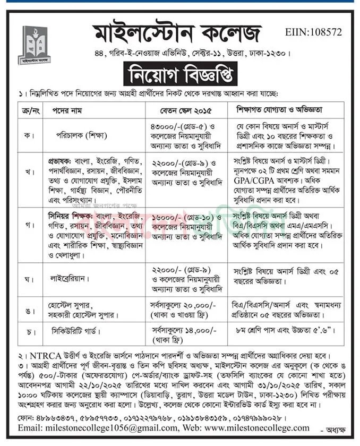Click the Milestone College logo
point(34,45)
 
